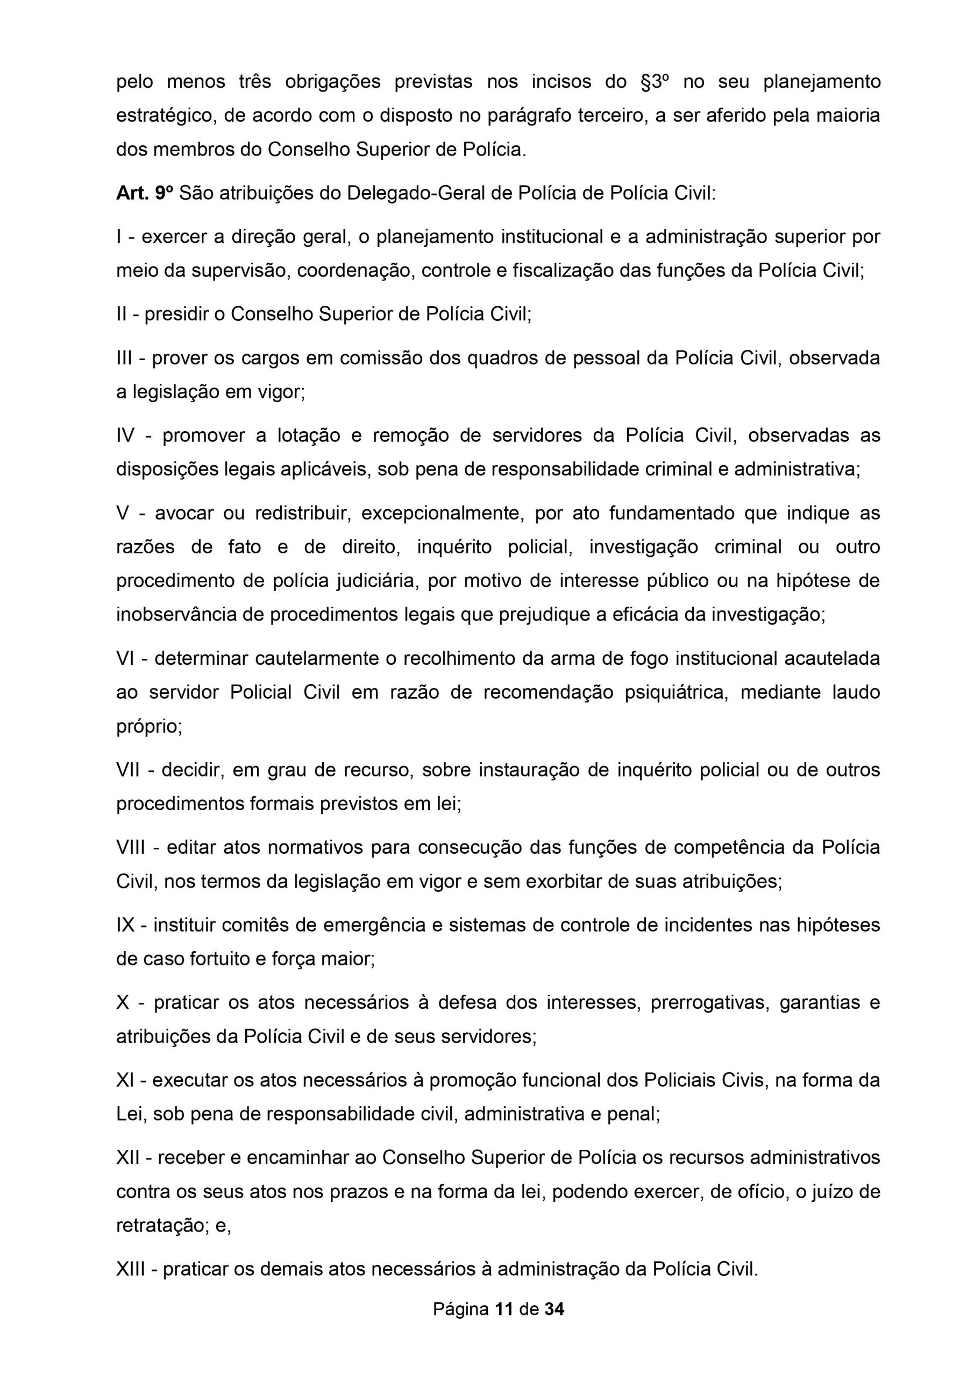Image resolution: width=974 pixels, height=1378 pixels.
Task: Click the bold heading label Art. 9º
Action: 145,193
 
